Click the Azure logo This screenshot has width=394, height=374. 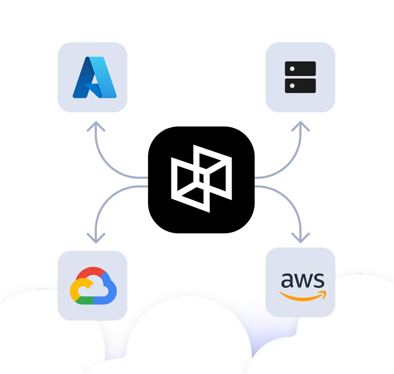pyautogui.click(x=95, y=77)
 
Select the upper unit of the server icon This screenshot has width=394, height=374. pyautogui.click(x=300, y=69)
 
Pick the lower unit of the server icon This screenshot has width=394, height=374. pyautogui.click(x=300, y=85)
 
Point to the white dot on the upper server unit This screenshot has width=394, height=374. pyautogui.click(x=292, y=69)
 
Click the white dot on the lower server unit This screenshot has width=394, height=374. pyautogui.click(x=292, y=85)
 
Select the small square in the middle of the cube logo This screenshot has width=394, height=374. pyautogui.click(x=201, y=178)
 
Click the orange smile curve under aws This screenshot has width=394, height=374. pyautogui.click(x=299, y=297)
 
